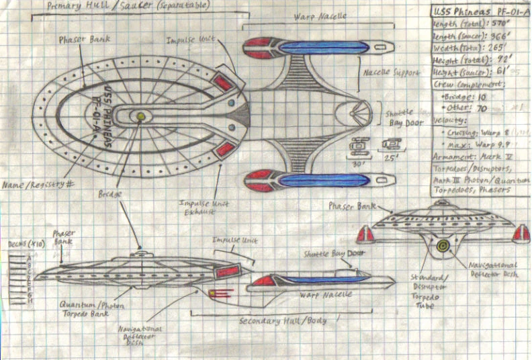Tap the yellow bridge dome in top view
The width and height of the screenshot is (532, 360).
coord(141,116)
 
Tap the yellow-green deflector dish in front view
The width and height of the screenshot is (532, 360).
coord(442,245)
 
